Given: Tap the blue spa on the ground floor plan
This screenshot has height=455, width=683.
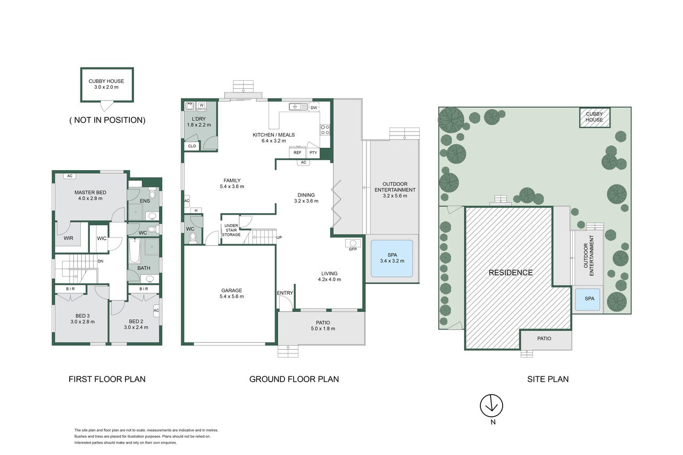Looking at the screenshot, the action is pyautogui.click(x=392, y=258).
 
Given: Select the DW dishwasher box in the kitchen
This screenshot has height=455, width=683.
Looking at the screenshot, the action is pyautogui.click(x=314, y=107).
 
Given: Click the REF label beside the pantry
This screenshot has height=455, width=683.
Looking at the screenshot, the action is pyautogui.click(x=297, y=153).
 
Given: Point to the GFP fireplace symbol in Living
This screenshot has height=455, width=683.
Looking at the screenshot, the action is pyautogui.click(x=353, y=243).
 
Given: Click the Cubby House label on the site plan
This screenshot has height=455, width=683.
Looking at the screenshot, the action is pyautogui.click(x=594, y=117).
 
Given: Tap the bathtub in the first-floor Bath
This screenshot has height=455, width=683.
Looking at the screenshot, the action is pyautogui.click(x=135, y=251).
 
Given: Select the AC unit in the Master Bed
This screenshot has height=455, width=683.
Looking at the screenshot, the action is pyautogui.click(x=70, y=176).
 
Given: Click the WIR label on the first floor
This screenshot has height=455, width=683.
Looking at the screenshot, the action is pyautogui.click(x=68, y=238).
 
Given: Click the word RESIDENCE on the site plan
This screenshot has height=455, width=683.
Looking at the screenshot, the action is pyautogui.click(x=511, y=273).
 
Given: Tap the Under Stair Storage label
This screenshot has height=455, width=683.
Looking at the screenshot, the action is pyautogui.click(x=231, y=230).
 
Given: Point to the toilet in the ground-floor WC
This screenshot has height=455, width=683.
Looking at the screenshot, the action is pyautogui.click(x=193, y=237).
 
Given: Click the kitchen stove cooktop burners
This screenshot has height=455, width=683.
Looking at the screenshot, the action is pyautogui.click(x=325, y=130).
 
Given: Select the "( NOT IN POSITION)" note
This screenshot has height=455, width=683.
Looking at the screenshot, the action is pyautogui.click(x=107, y=120).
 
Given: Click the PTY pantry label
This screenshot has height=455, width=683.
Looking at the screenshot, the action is pyautogui.click(x=313, y=153).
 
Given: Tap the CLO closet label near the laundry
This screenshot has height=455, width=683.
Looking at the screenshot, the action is pyautogui.click(x=192, y=146).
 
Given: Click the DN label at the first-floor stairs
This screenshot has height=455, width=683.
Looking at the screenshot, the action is pyautogui.click(x=101, y=261).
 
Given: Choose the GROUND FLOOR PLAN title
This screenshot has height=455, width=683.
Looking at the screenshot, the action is pyautogui.click(x=294, y=379).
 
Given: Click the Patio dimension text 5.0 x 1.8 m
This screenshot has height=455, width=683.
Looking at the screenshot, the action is pyautogui.click(x=323, y=328).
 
